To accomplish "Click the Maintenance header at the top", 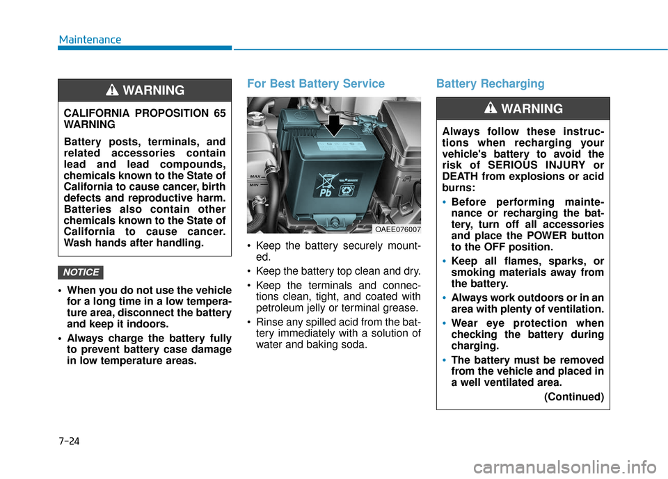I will [x=90, y=40].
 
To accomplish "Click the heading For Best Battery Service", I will [x=315, y=83].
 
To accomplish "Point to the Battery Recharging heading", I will [x=490, y=83].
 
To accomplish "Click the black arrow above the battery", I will [x=335, y=126].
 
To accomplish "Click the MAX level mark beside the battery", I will [x=255, y=178].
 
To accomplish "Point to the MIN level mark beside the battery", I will [x=254, y=186].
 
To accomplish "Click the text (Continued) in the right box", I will [x=573, y=397].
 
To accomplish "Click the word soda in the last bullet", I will [x=354, y=344].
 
